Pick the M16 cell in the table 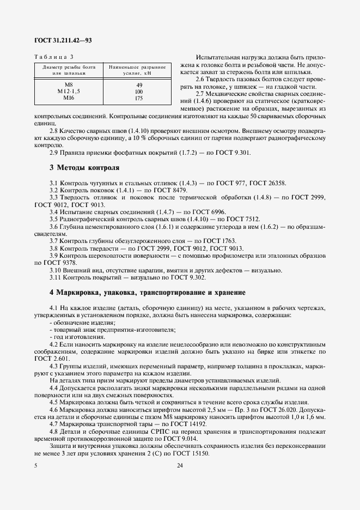tap(69, 98)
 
